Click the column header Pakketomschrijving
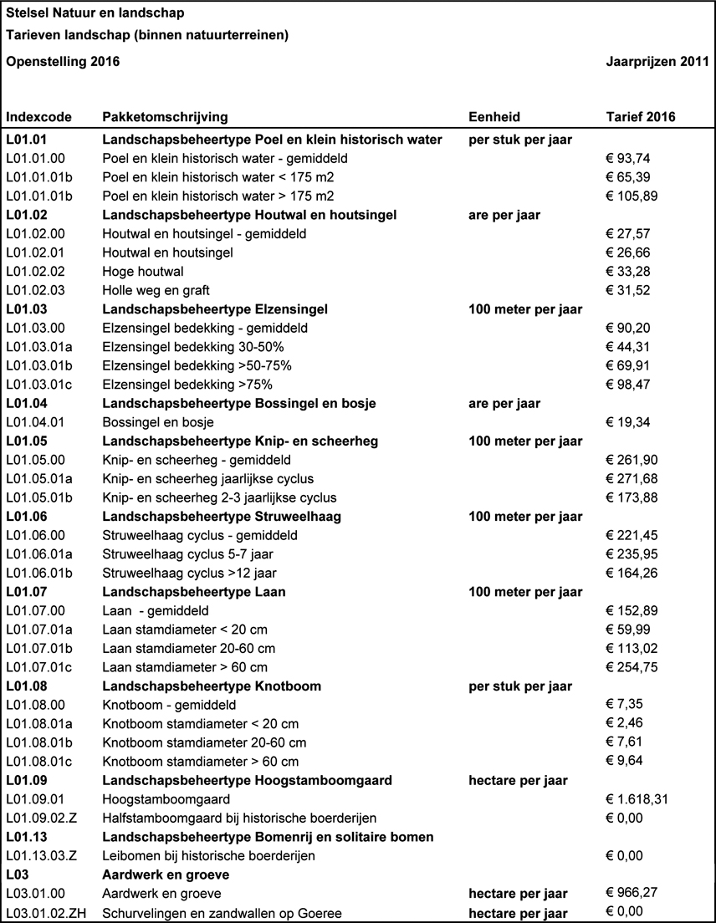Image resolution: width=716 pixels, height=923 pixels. click(x=165, y=117)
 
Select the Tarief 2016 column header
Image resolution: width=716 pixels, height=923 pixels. click(x=640, y=117)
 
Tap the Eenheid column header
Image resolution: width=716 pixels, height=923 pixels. click(x=494, y=117)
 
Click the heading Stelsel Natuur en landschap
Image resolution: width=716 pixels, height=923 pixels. click(x=95, y=14)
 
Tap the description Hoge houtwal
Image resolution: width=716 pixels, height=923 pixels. click(x=143, y=271)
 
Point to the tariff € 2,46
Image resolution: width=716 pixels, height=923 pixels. click(x=624, y=723)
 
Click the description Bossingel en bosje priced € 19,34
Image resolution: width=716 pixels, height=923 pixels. click(x=158, y=422)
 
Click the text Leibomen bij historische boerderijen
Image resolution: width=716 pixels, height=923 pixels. click(x=207, y=855)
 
